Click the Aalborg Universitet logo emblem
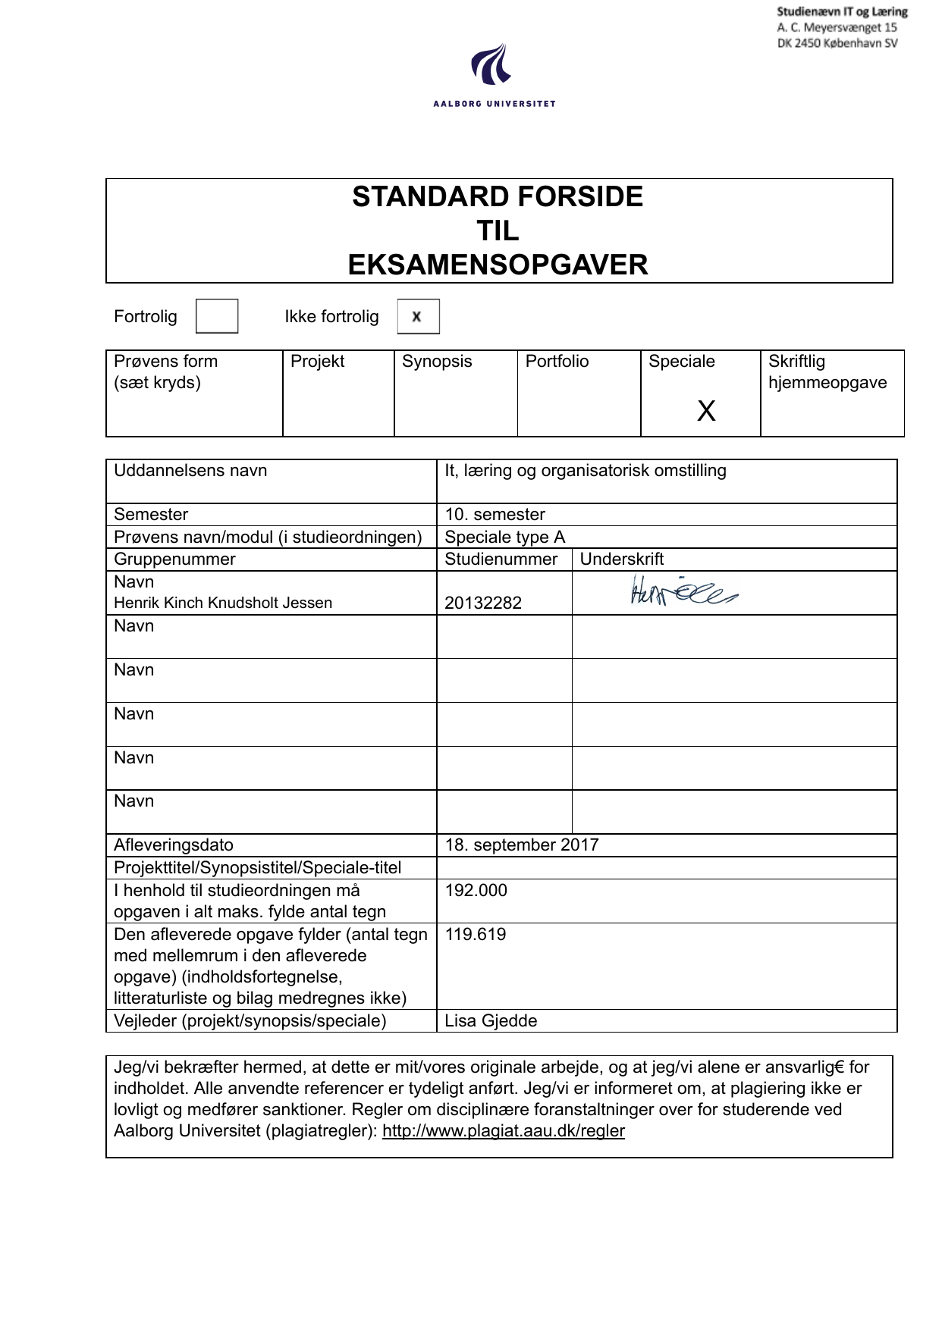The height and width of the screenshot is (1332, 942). (491, 64)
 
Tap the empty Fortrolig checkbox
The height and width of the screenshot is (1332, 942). (217, 316)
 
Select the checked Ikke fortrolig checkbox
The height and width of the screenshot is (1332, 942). (418, 317)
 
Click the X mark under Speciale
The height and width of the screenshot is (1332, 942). (706, 411)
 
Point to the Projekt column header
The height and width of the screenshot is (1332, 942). (318, 362)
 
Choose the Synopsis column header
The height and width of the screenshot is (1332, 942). (437, 362)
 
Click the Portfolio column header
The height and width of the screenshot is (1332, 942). (557, 362)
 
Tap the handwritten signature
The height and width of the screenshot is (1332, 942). (683, 591)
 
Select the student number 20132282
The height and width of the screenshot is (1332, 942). (483, 603)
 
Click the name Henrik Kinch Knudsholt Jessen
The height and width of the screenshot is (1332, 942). (223, 603)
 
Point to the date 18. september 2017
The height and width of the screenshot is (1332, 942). (522, 845)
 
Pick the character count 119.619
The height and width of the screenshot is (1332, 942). (476, 935)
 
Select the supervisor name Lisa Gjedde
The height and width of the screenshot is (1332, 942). (491, 1021)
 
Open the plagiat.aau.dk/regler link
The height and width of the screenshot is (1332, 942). (504, 1131)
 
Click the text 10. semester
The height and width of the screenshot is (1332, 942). (495, 515)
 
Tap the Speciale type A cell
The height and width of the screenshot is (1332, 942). (505, 538)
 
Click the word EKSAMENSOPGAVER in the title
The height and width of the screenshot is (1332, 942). (498, 265)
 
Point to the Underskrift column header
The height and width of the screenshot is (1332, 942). (622, 559)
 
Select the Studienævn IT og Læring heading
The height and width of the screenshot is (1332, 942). (842, 12)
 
